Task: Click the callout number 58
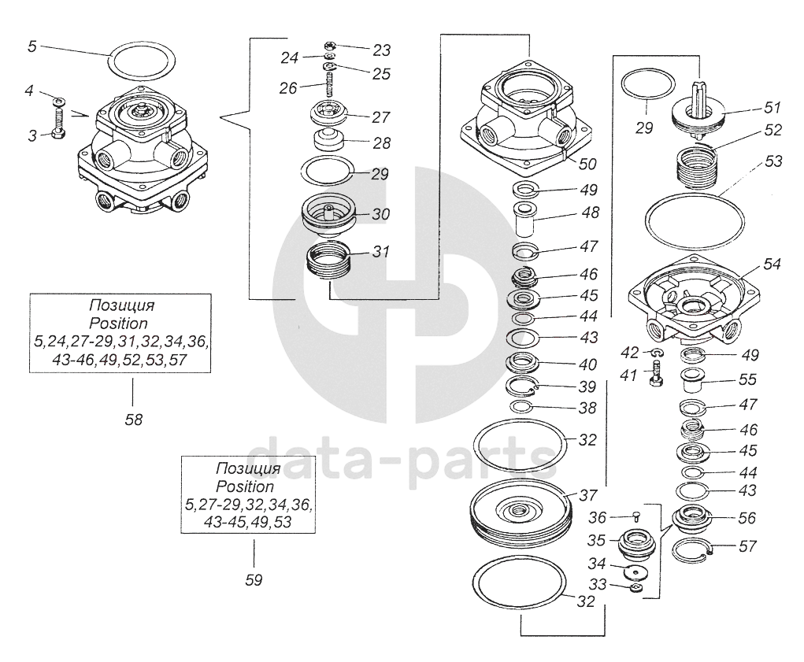coord(134,420)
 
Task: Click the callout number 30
coord(380,213)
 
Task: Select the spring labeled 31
coord(330,261)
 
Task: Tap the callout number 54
coord(771,264)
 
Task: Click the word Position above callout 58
coord(118,324)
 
